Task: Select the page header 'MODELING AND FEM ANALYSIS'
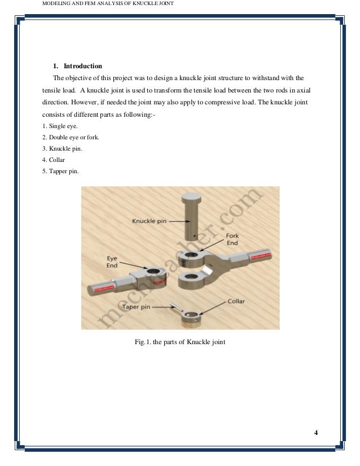click(85, 6)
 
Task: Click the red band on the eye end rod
click(103, 287)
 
